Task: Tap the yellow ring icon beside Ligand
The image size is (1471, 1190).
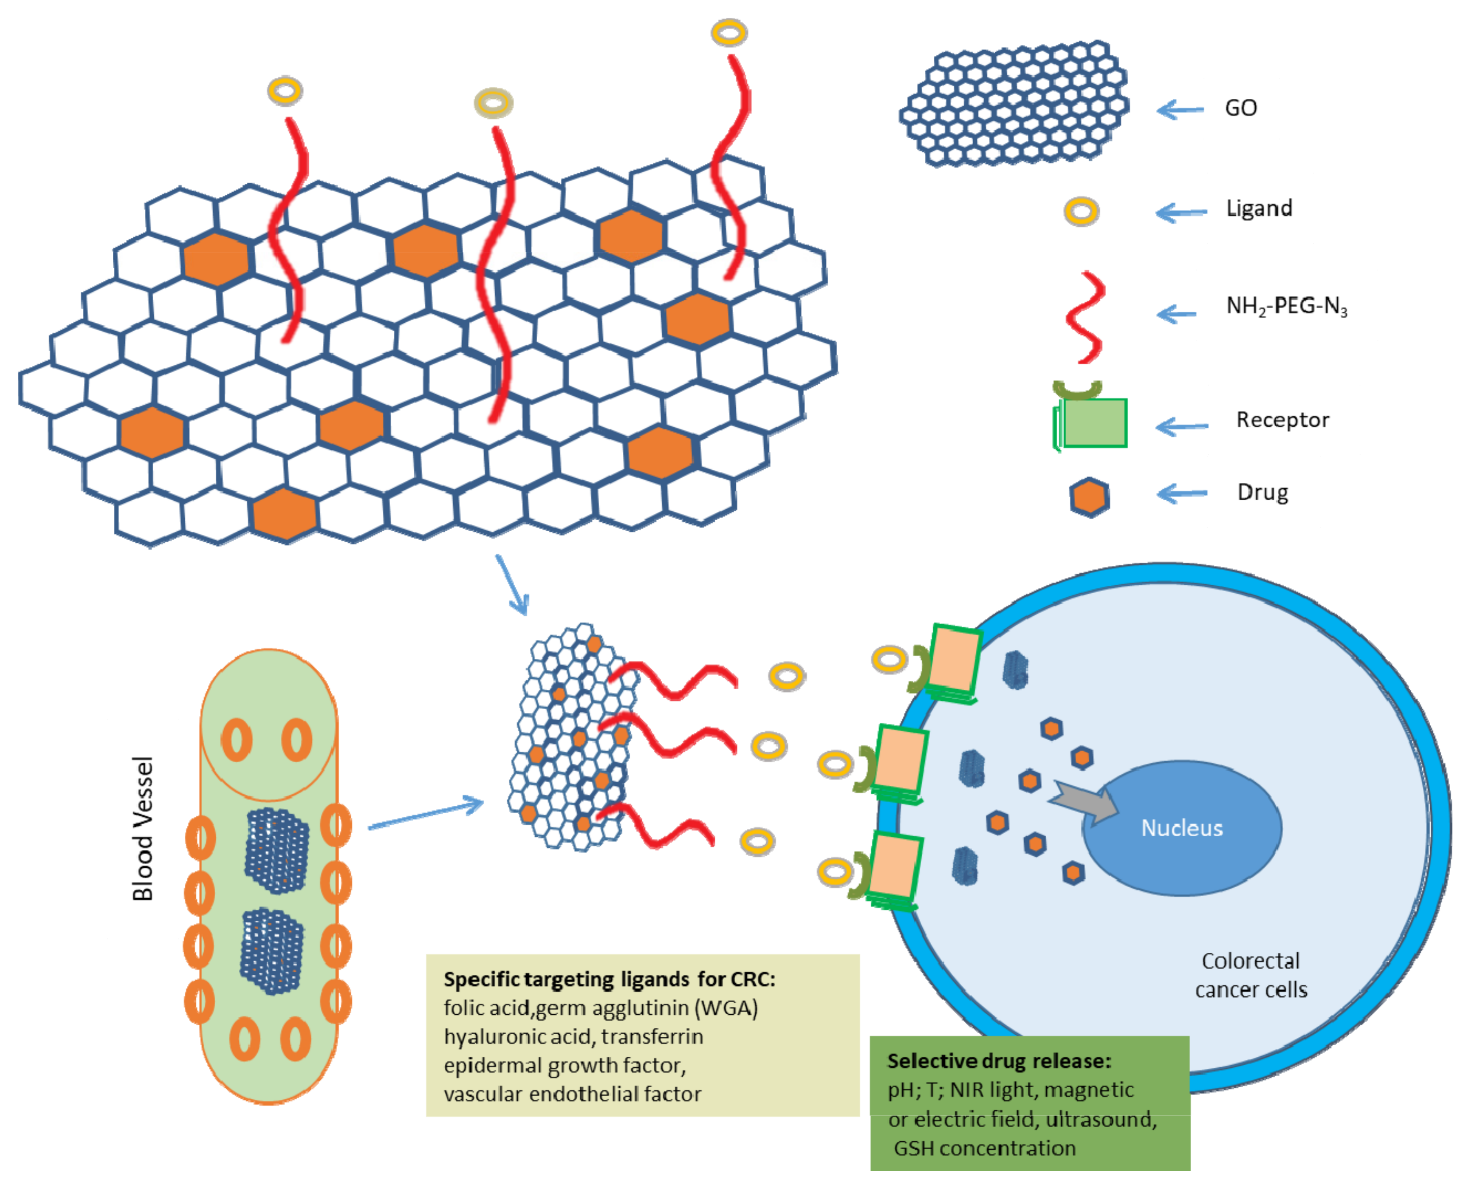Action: pyautogui.click(x=1082, y=211)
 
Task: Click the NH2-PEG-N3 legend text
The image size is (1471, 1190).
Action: pyautogui.click(x=1286, y=306)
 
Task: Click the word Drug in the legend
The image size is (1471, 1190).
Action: pyautogui.click(x=1262, y=492)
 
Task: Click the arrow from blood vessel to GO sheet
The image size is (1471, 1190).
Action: pyautogui.click(x=425, y=814)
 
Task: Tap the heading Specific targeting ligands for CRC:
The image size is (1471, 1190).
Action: pyautogui.click(x=609, y=979)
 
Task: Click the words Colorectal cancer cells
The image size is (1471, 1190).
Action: pyautogui.click(x=1251, y=975)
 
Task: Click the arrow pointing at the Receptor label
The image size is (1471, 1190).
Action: pyautogui.click(x=1182, y=426)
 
